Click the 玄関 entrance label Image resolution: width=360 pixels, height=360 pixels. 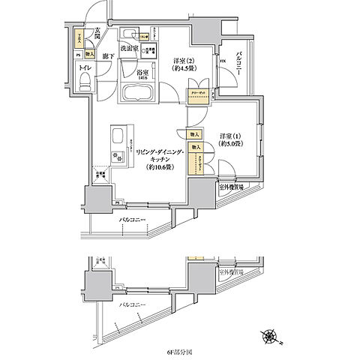click(x=98, y=33)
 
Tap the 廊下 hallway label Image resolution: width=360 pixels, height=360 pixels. click(x=108, y=56)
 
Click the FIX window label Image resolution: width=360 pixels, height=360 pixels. click(x=222, y=62)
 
